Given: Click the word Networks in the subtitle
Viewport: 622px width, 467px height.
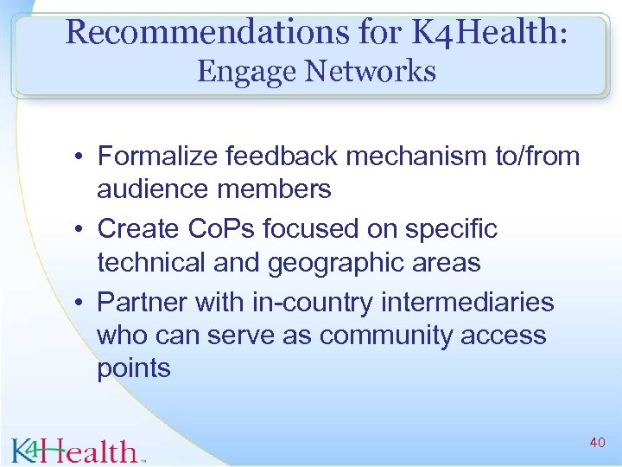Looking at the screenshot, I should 373,71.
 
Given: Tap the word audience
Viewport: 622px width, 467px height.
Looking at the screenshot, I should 150,189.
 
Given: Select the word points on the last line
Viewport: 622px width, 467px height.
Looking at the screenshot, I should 134,368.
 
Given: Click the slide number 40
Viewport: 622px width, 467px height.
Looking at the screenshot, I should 596,443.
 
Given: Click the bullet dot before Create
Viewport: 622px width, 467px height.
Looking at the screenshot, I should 79,230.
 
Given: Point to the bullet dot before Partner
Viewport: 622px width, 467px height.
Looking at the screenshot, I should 79,304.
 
